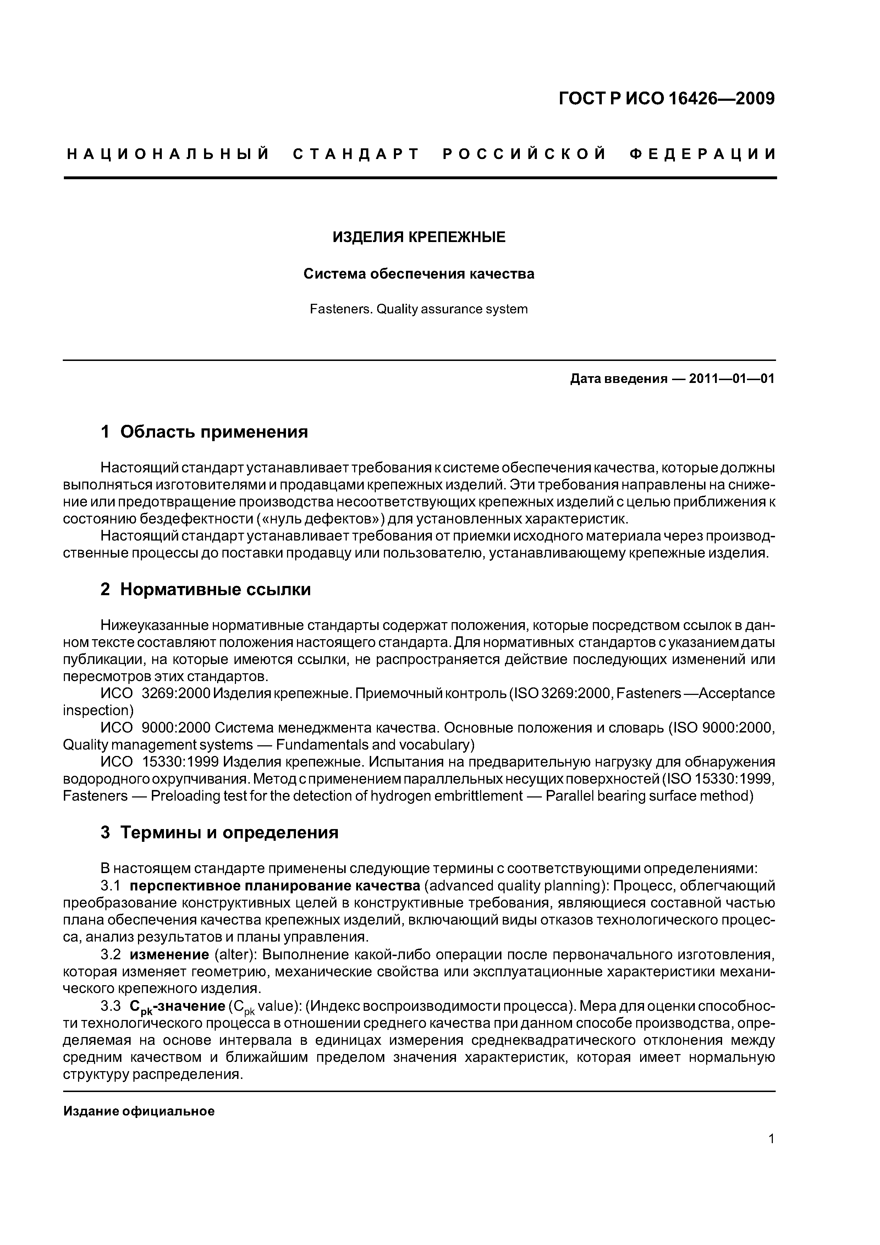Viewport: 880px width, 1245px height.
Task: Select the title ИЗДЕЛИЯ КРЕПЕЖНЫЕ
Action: click(419, 237)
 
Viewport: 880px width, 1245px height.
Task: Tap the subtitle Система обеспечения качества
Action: click(419, 274)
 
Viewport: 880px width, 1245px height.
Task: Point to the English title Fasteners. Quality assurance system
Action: click(419, 309)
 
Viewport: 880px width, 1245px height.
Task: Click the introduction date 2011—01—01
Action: click(731, 378)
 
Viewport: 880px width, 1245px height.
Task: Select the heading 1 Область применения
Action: click(204, 432)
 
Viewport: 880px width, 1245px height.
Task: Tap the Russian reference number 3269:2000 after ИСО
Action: click(175, 693)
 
